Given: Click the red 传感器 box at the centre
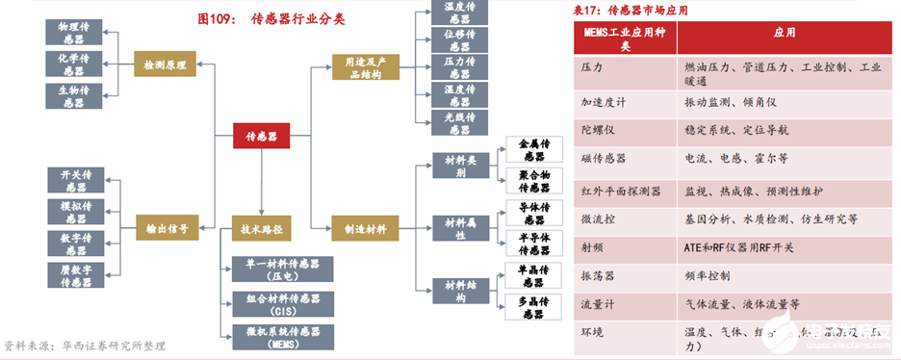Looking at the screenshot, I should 262,138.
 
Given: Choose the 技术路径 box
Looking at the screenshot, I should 262,229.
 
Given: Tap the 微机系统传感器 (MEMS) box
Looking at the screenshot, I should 283,337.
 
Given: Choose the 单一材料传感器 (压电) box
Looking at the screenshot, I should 283,270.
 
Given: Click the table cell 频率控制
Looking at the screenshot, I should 707,275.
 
